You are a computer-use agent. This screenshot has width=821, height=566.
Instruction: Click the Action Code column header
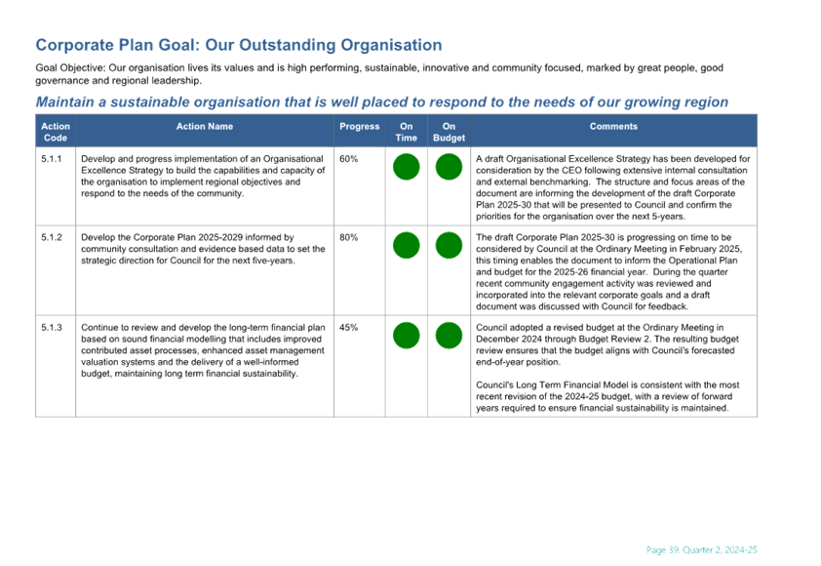(56, 132)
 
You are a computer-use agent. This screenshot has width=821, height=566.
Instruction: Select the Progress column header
(359, 126)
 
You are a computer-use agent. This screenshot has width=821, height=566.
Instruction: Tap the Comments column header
(613, 126)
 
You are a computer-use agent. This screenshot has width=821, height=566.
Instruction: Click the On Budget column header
(449, 132)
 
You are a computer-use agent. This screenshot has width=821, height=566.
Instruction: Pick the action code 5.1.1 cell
(52, 159)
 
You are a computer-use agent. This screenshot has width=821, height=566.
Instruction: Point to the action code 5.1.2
(52, 237)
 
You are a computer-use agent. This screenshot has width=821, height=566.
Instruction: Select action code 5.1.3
(52, 328)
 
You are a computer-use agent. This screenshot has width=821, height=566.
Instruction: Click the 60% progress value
(349, 159)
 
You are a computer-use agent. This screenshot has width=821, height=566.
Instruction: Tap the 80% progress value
(349, 237)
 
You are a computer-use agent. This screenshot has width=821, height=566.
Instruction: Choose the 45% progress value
(349, 328)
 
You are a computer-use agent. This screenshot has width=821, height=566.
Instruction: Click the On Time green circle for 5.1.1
(407, 167)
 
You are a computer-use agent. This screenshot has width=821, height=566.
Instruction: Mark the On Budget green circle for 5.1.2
(449, 245)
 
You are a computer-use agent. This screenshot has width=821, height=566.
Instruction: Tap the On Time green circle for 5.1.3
(407, 336)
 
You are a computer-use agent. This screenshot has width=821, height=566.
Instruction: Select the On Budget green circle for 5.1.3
(449, 336)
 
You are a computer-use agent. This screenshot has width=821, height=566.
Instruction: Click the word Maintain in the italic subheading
(65, 101)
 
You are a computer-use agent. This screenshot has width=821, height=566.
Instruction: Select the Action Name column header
(205, 126)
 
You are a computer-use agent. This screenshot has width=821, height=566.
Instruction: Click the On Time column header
(407, 132)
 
